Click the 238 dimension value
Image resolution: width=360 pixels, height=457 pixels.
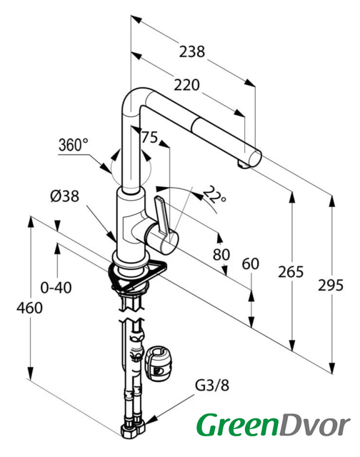[x=192, y=51]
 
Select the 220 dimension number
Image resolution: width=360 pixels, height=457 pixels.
[x=186, y=85]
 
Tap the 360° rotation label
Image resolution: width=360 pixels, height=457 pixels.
[x=73, y=144]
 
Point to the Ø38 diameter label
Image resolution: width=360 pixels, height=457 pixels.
[x=65, y=196]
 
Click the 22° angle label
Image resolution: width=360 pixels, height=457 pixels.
[x=214, y=194]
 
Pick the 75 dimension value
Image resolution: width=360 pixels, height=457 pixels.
[x=149, y=137]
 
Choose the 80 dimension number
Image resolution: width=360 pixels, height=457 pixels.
[x=221, y=254]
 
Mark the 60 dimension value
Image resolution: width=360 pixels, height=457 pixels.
[x=251, y=264]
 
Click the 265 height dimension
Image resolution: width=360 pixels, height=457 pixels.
[x=291, y=271]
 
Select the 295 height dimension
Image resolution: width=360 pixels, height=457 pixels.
[x=331, y=285]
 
